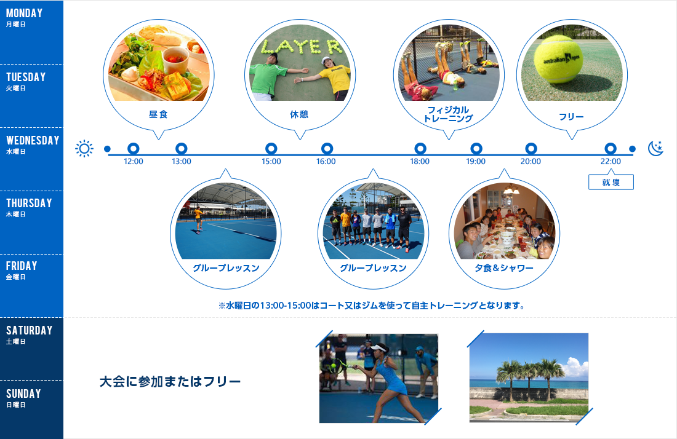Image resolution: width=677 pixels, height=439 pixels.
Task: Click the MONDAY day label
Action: pyautogui.click(x=24, y=14)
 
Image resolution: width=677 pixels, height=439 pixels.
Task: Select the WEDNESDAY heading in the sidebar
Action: pyautogui.click(x=33, y=141)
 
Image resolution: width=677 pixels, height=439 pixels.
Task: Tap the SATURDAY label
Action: pyautogui.click(x=29, y=331)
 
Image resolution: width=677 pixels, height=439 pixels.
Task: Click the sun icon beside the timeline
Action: pyautogui.click(x=84, y=149)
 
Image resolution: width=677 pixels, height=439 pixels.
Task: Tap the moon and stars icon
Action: pyautogui.click(x=655, y=148)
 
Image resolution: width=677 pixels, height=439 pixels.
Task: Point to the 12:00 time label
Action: pyautogui.click(x=134, y=162)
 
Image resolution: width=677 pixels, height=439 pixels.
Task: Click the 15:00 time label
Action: pyautogui.click(x=271, y=162)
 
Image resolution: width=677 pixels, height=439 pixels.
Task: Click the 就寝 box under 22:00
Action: pyautogui.click(x=611, y=183)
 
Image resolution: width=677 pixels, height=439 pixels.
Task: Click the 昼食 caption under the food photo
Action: pyautogui.click(x=158, y=114)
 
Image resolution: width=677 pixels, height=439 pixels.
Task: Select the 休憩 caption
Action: pyautogui.click(x=299, y=114)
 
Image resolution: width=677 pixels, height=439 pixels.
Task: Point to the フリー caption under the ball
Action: pyautogui.click(x=571, y=117)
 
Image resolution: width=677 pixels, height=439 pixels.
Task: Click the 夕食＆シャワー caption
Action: pyautogui.click(x=504, y=268)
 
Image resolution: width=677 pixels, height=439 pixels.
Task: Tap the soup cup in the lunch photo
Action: pyautogui.click(x=176, y=60)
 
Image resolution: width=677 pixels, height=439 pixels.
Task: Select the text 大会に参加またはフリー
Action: pyautogui.click(x=170, y=382)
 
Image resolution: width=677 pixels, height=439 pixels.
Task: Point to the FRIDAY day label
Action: pyautogui.click(x=22, y=266)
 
